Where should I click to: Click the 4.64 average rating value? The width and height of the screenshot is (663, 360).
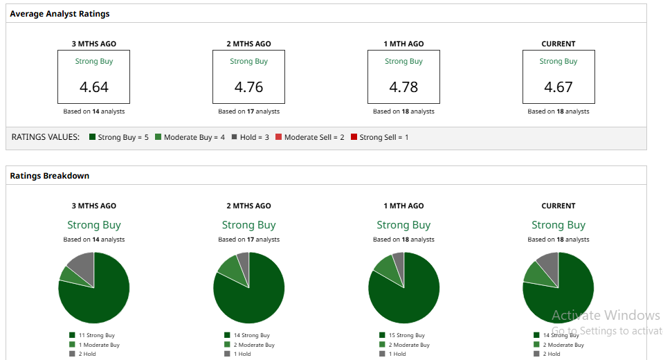(x=94, y=87)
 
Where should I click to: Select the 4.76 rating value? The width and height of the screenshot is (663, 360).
(x=248, y=87)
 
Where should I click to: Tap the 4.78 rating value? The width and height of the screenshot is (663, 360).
(x=403, y=87)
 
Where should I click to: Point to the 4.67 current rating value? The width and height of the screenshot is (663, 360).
(x=558, y=87)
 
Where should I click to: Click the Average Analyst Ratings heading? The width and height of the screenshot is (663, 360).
(x=60, y=14)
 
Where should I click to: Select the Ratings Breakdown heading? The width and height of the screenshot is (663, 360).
(x=49, y=176)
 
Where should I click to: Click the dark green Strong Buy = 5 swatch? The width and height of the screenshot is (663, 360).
(x=92, y=137)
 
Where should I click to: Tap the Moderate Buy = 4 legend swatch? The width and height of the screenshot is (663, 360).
(x=158, y=137)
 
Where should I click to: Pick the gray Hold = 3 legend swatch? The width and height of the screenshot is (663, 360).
(x=235, y=137)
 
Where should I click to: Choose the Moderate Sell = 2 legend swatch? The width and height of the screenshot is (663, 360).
(x=279, y=137)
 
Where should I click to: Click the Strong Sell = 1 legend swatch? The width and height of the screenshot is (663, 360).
(x=354, y=137)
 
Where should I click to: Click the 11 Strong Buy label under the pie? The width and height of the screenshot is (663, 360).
(x=96, y=335)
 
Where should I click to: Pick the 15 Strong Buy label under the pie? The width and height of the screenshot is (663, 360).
(x=406, y=335)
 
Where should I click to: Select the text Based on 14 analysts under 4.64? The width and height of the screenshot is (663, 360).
(x=94, y=111)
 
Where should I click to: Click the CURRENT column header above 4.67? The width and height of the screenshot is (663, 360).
(x=558, y=44)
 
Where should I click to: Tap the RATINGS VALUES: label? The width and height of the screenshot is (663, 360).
(x=46, y=137)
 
